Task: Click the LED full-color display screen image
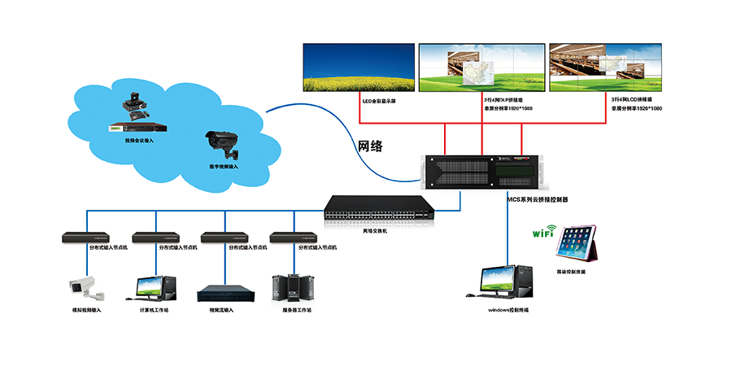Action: pos(359,68)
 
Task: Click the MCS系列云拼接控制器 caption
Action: pos(538,199)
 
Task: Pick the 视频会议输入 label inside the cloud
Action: pos(139,140)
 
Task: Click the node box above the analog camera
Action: pos(85,238)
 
